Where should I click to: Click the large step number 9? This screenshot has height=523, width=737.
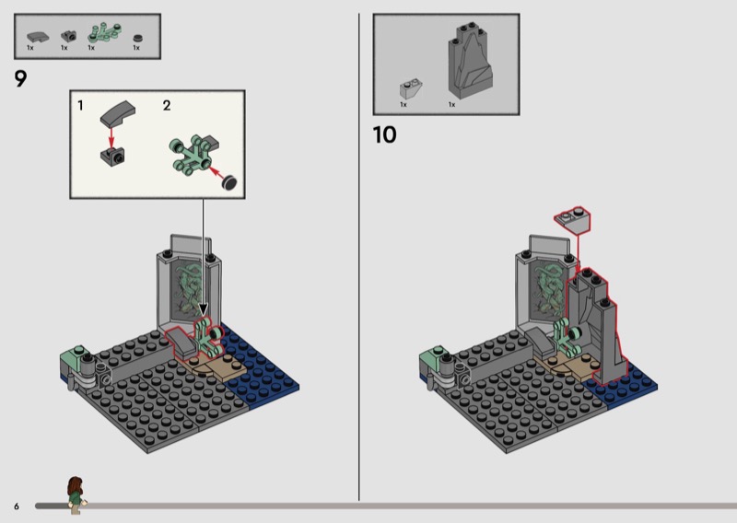[x=20, y=79]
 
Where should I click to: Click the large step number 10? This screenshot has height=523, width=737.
[x=384, y=134]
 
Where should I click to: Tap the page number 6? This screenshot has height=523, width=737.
[x=17, y=506]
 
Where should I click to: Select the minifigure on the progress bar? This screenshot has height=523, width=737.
[x=76, y=495]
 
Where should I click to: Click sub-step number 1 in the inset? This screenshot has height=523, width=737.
[x=80, y=106]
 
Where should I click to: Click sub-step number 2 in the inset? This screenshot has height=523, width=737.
[x=167, y=106]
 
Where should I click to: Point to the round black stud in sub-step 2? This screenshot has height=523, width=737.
[x=229, y=182]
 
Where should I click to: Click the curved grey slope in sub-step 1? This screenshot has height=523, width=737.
[x=118, y=114]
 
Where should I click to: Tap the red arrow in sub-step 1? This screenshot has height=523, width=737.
[x=111, y=137]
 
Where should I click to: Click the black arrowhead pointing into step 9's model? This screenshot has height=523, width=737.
[x=203, y=309]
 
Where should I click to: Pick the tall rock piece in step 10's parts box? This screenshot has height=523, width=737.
[x=471, y=60]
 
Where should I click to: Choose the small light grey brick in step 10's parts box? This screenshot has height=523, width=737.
[x=410, y=88]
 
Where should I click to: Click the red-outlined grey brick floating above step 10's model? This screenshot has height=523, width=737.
[x=572, y=220]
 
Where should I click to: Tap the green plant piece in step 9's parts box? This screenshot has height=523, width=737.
[x=104, y=33]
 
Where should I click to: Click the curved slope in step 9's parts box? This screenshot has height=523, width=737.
[x=37, y=37]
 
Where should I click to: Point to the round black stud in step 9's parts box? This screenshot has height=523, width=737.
[x=137, y=39]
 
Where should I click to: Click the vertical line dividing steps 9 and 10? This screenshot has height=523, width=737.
[x=359, y=257]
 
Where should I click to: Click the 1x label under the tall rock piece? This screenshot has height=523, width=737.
[x=451, y=104]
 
